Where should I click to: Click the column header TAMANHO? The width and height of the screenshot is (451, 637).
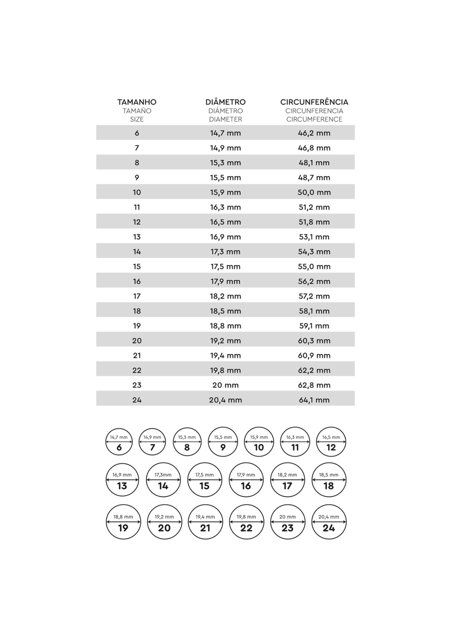[x=137, y=102]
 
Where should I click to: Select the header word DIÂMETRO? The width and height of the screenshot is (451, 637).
[x=225, y=102]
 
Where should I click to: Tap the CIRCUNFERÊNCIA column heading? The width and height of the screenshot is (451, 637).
[x=314, y=102]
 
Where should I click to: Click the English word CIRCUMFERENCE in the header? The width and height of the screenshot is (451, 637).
[x=314, y=119]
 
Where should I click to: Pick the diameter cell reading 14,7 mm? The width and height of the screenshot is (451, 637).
[x=225, y=133]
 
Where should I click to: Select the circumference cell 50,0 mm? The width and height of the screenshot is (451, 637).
[x=314, y=192]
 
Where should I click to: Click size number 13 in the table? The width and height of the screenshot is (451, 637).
[x=137, y=237]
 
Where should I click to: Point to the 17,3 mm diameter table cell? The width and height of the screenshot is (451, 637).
[x=225, y=252]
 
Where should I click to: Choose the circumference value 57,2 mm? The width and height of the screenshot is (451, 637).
[x=314, y=296]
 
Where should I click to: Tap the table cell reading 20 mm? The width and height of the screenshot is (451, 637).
[x=225, y=385]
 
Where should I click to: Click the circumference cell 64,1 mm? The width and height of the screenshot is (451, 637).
[x=314, y=400]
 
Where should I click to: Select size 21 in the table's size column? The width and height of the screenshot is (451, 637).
[x=137, y=355]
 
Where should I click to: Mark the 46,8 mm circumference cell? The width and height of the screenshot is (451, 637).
[x=314, y=148]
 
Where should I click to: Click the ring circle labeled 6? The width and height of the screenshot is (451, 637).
[x=119, y=442]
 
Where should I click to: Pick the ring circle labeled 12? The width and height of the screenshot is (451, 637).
[x=331, y=442]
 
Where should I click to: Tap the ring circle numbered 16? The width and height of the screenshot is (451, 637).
[x=246, y=480]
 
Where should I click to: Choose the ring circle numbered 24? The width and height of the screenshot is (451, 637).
[x=329, y=522]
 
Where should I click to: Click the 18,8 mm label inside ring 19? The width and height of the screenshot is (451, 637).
[x=123, y=517]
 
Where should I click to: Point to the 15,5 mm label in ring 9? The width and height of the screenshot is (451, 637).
[x=223, y=437]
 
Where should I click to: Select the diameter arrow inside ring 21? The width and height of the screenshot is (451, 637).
[x=205, y=522]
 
